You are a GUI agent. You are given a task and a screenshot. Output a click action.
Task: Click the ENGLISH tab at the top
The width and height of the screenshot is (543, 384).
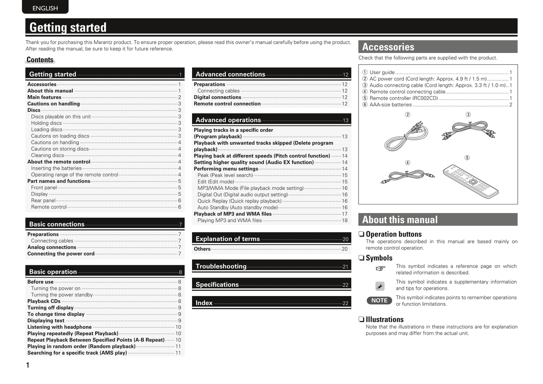[45, 8]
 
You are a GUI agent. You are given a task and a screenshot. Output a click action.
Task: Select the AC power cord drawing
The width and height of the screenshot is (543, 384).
[406, 136]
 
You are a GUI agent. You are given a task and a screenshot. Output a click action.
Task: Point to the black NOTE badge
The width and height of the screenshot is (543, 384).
[379, 301]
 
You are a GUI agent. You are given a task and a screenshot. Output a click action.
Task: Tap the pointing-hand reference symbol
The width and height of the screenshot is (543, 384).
[380, 268]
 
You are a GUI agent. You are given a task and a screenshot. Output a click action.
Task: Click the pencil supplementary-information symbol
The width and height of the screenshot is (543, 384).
[380, 286]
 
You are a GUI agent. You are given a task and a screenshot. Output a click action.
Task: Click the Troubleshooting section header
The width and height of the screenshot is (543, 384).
[271, 266]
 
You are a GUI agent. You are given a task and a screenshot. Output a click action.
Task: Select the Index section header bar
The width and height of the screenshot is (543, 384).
[271, 302]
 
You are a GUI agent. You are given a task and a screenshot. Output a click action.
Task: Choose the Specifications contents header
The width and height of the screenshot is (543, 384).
[271, 284]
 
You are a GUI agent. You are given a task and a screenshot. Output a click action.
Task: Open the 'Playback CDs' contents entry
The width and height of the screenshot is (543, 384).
[44, 301]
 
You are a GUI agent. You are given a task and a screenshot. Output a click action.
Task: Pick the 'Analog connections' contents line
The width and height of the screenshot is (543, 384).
[52, 247]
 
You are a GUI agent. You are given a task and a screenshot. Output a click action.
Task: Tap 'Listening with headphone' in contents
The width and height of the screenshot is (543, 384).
[59, 327]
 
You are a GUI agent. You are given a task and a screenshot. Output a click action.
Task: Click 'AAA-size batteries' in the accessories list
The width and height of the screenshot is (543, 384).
[390, 105]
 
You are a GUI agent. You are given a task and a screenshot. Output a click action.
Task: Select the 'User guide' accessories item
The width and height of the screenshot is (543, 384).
[382, 73]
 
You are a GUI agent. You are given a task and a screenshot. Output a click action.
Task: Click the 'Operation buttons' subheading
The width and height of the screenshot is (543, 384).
[393, 234]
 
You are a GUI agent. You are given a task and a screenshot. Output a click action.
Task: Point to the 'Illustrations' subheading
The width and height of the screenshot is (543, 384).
[384, 319]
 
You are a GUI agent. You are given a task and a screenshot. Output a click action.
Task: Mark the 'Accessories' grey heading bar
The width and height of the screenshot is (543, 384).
[438, 47]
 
